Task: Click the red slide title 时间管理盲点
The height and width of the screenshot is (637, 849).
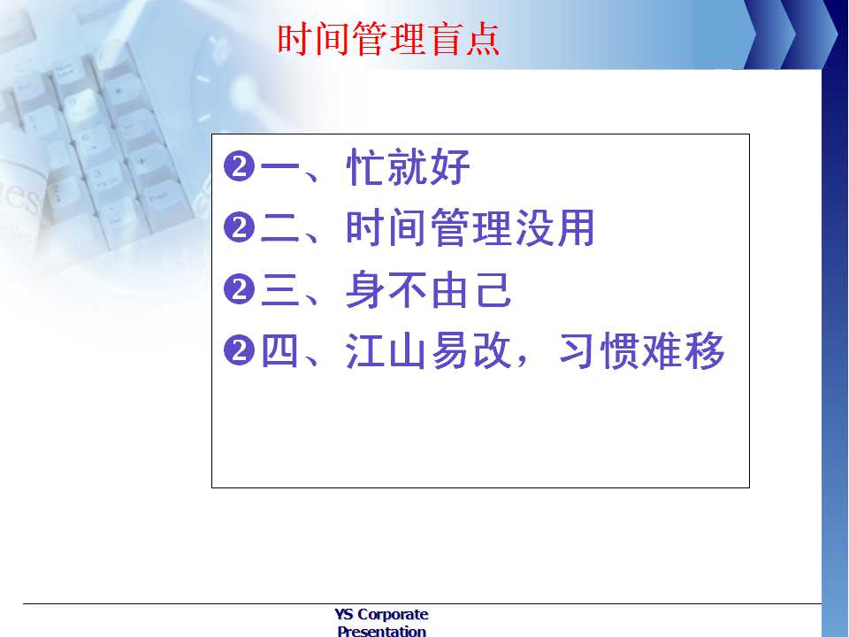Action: click(388, 39)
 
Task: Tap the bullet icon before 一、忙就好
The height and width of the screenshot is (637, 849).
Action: click(239, 166)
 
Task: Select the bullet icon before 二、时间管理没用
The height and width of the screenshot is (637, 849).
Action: click(239, 227)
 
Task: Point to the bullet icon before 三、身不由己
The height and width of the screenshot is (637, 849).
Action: click(239, 289)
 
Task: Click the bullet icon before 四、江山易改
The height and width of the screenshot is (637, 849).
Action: click(239, 350)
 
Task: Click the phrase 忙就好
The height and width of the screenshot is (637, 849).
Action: click(409, 166)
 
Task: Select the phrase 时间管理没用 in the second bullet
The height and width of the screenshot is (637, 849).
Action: click(470, 227)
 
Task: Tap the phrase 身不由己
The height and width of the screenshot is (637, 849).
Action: click(429, 290)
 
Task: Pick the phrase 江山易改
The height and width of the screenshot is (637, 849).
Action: click(429, 350)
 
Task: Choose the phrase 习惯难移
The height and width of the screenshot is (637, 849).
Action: click(642, 350)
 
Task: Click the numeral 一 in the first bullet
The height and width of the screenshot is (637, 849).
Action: click(280, 166)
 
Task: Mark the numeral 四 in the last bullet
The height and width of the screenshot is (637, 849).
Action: click(280, 350)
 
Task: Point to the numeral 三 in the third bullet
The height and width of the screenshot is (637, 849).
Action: click(280, 290)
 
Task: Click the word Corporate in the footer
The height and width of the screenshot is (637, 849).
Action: click(393, 614)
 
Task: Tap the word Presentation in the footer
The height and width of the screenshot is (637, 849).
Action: click(382, 631)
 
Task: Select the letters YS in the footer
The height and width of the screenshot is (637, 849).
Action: click(344, 614)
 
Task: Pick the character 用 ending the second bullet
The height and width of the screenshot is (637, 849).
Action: click(576, 227)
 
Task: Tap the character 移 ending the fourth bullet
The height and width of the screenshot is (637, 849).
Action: click(706, 350)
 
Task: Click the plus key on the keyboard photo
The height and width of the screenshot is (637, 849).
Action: click(141, 161)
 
